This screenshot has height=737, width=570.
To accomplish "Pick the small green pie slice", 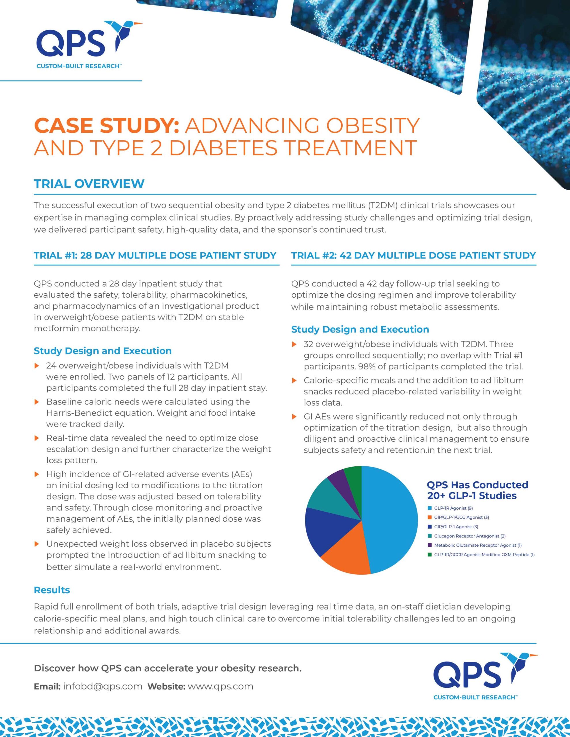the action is (x=353, y=478).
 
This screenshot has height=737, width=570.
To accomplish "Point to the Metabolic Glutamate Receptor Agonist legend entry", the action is (x=475, y=545).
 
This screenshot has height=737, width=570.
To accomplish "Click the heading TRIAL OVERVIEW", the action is (x=89, y=184).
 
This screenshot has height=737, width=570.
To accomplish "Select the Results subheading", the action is (x=52, y=590).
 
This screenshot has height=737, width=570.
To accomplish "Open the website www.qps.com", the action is (x=220, y=686).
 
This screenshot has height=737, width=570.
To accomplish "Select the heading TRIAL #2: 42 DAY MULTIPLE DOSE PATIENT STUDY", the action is (x=414, y=255).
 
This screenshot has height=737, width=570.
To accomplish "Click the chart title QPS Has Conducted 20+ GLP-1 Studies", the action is (x=477, y=490).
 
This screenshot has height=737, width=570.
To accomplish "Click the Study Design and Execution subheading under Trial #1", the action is (x=103, y=351).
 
